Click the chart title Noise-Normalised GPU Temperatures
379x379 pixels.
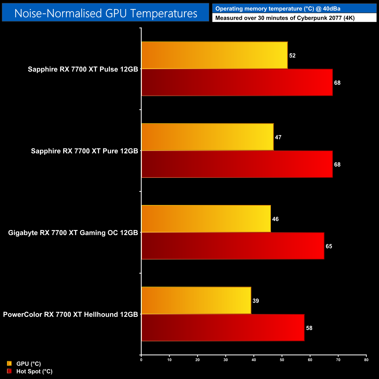pyautogui.click(x=106, y=13)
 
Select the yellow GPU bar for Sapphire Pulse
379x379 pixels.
pyautogui.click(x=214, y=55)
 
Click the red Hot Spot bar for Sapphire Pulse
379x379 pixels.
pyautogui.click(x=237, y=83)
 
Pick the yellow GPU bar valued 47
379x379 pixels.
pyautogui.click(x=207, y=137)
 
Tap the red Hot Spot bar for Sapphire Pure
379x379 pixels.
pyautogui.click(x=237, y=164)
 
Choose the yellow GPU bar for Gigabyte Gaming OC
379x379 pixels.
pyautogui.click(x=206, y=219)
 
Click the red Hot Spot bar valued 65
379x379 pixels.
pyautogui.click(x=233, y=246)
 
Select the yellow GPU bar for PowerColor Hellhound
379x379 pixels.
pyautogui.click(x=196, y=301)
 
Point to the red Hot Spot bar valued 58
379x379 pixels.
pyautogui.click(x=223, y=328)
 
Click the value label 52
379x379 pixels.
pyautogui.click(x=292, y=56)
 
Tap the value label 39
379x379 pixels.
pyautogui.click(x=256, y=301)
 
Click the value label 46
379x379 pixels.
pyautogui.click(x=275, y=219)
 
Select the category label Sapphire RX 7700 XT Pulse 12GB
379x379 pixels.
pyautogui.click(x=83, y=69)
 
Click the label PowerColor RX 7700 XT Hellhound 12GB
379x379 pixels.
pyautogui.click(x=70, y=315)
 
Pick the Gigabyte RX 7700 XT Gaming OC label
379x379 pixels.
pyautogui.click(x=73, y=233)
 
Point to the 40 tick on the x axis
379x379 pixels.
pyautogui.click(x=254, y=360)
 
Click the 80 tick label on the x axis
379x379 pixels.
pyautogui.click(x=366, y=360)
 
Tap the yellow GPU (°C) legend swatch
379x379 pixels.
pyautogui.click(x=9, y=364)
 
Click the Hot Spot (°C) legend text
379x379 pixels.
pyautogui.click(x=34, y=371)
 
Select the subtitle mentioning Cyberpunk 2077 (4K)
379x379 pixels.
pyautogui.click(x=285, y=18)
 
